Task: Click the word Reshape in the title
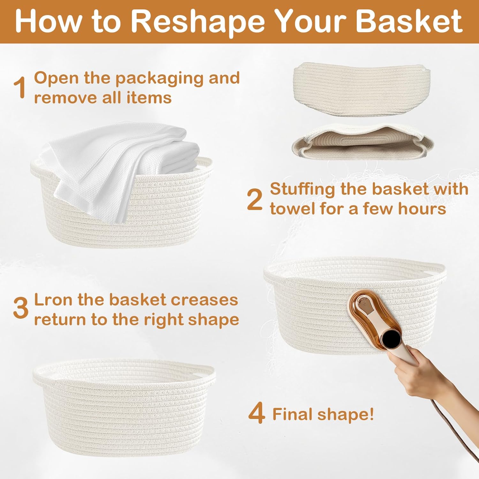tap(198, 21)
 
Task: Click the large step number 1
tap(20, 88)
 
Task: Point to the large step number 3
tap(21, 308)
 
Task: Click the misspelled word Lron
tap(53, 300)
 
